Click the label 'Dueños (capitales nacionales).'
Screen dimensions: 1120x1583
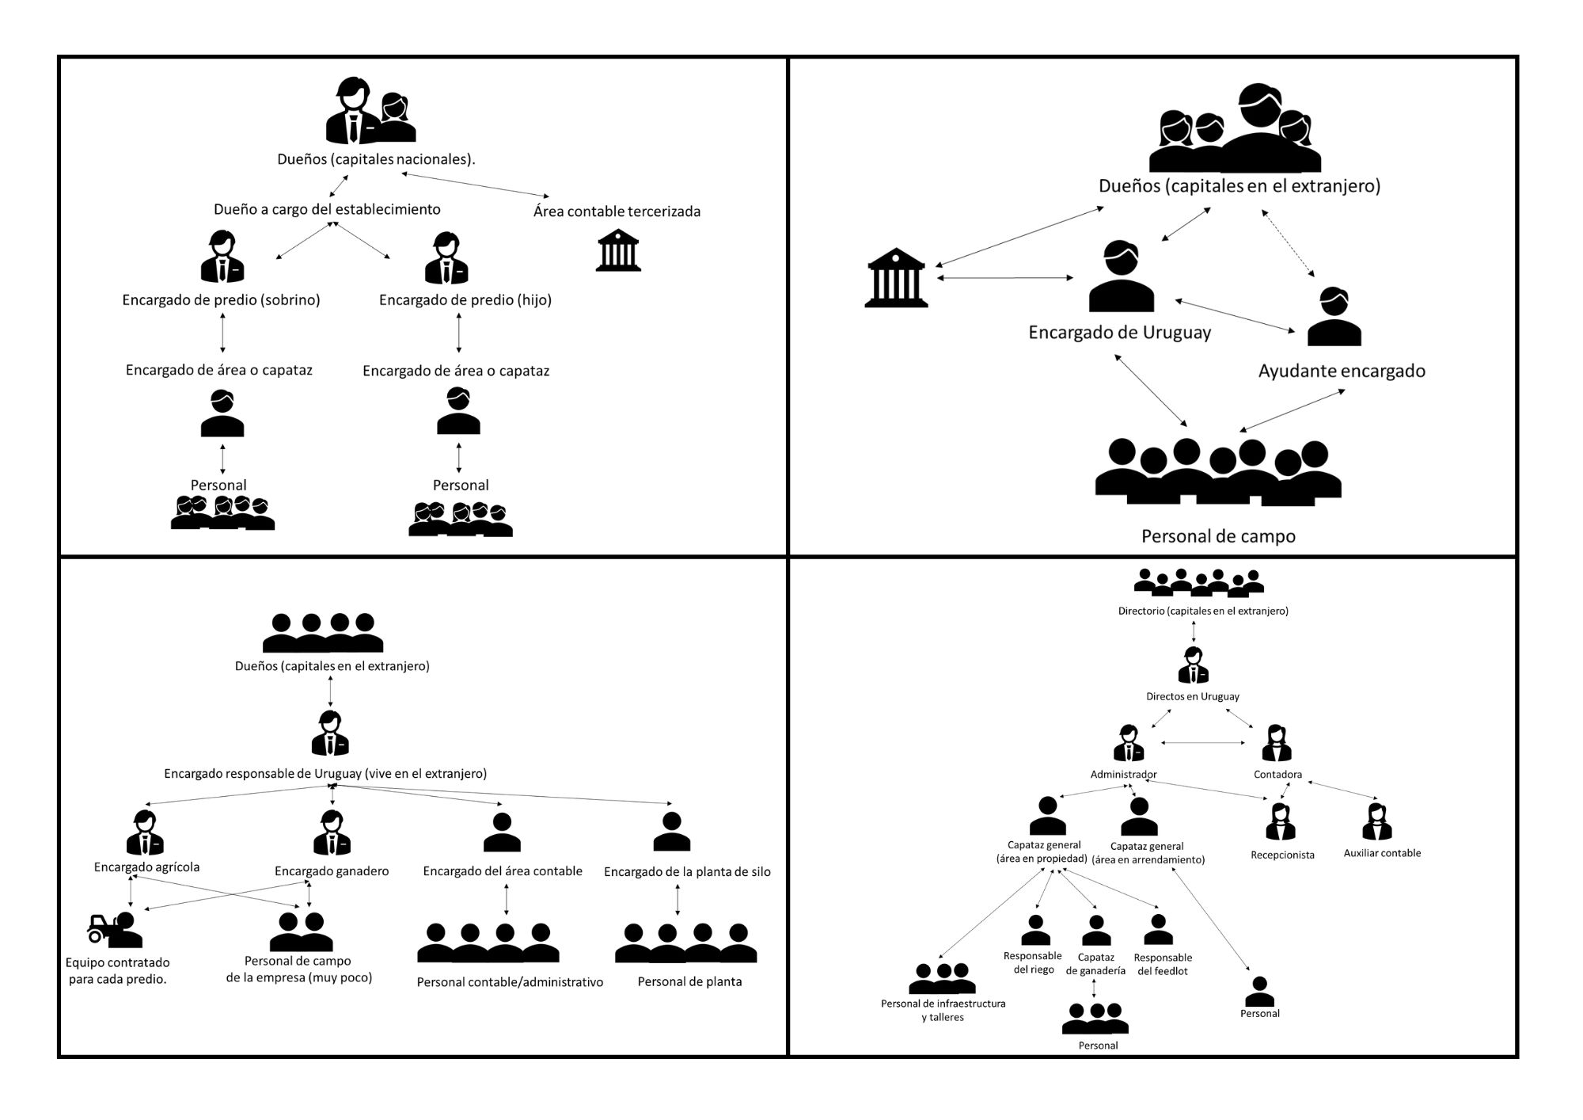click(x=376, y=159)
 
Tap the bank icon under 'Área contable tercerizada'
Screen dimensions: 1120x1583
click(x=618, y=250)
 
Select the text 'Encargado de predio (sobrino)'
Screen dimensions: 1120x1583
click(x=221, y=300)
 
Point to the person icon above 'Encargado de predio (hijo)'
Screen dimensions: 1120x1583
click(x=446, y=258)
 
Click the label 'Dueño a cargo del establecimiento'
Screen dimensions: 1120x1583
click(x=327, y=210)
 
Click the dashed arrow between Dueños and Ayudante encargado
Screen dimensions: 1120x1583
click(x=1288, y=243)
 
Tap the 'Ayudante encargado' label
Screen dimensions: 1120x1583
click(x=1342, y=371)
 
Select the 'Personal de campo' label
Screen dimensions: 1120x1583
click(x=1218, y=536)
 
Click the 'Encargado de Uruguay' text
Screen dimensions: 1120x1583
click(x=1119, y=333)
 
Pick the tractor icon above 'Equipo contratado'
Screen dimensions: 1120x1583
click(x=103, y=928)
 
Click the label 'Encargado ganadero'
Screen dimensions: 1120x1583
click(x=332, y=871)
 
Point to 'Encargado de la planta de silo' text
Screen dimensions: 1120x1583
click(x=687, y=872)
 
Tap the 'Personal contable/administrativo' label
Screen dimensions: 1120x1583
click(x=510, y=982)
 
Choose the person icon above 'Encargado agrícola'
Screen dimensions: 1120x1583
click(x=145, y=832)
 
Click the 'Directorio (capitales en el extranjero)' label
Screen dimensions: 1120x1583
click(x=1203, y=611)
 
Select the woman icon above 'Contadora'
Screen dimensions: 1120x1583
click(x=1277, y=744)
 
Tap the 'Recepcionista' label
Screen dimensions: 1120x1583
click(x=1282, y=855)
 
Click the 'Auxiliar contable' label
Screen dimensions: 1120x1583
click(x=1382, y=853)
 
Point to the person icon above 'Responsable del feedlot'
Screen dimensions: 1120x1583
click(x=1159, y=930)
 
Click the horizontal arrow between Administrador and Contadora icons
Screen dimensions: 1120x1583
click(x=1203, y=743)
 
